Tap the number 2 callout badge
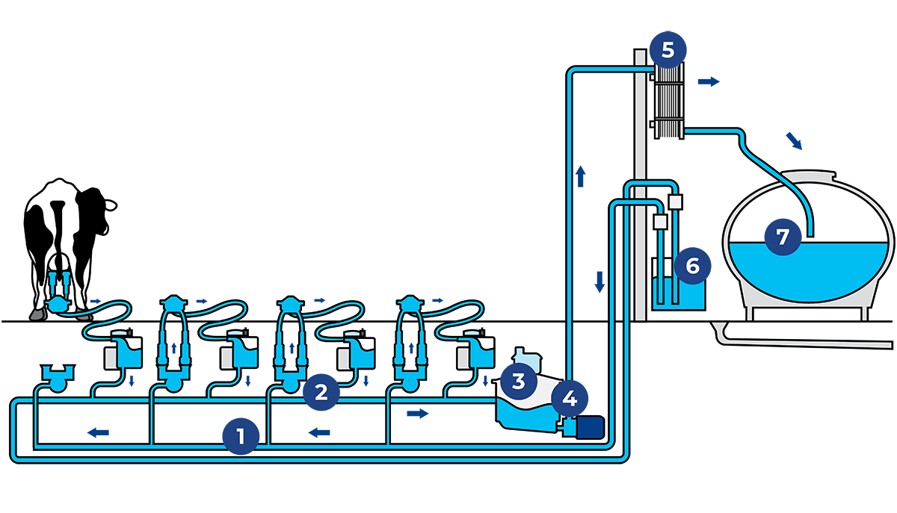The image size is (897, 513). tap(321, 392)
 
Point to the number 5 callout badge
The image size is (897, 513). tap(668, 51)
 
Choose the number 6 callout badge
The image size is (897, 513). tap(692, 265)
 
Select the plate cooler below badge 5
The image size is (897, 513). tap(668, 101)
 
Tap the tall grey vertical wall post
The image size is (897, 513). tap(640, 187)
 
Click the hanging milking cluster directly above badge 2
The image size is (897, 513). tap(291, 340)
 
